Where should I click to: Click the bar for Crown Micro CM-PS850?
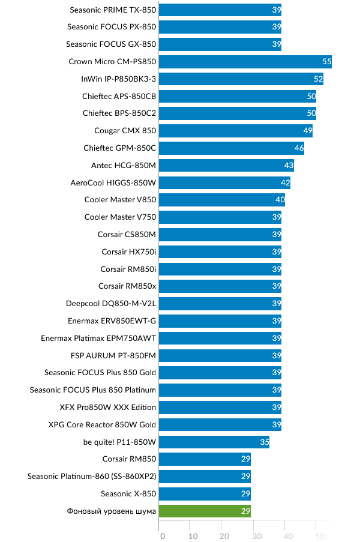coord(245,61)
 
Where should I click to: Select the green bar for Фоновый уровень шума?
coord(205,511)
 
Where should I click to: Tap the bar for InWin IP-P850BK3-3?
coord(241,79)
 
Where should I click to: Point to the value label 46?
coord(298,148)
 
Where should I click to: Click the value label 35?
coord(263,442)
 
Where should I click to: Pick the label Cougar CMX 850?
coord(125,131)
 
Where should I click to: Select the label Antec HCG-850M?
coord(124,165)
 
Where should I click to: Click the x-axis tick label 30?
coord(256,536)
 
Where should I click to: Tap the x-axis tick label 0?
coord(162,536)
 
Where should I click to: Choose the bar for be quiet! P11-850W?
coord(214,442)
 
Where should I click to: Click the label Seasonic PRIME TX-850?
coord(113,10)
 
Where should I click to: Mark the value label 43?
coord(288,166)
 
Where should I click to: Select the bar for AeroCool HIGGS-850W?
coord(224,182)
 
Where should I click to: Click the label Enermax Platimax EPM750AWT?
coord(98,339)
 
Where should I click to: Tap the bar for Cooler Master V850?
coord(221,200)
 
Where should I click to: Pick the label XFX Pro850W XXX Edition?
coord(108,408)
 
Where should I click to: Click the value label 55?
coord(326,62)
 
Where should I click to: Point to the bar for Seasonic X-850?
coord(205,494)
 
